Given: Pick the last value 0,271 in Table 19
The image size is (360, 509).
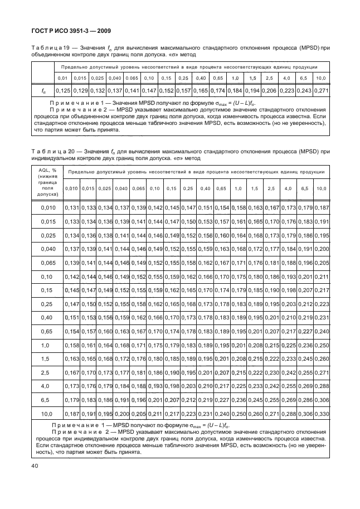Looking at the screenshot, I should click(x=320, y=90).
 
